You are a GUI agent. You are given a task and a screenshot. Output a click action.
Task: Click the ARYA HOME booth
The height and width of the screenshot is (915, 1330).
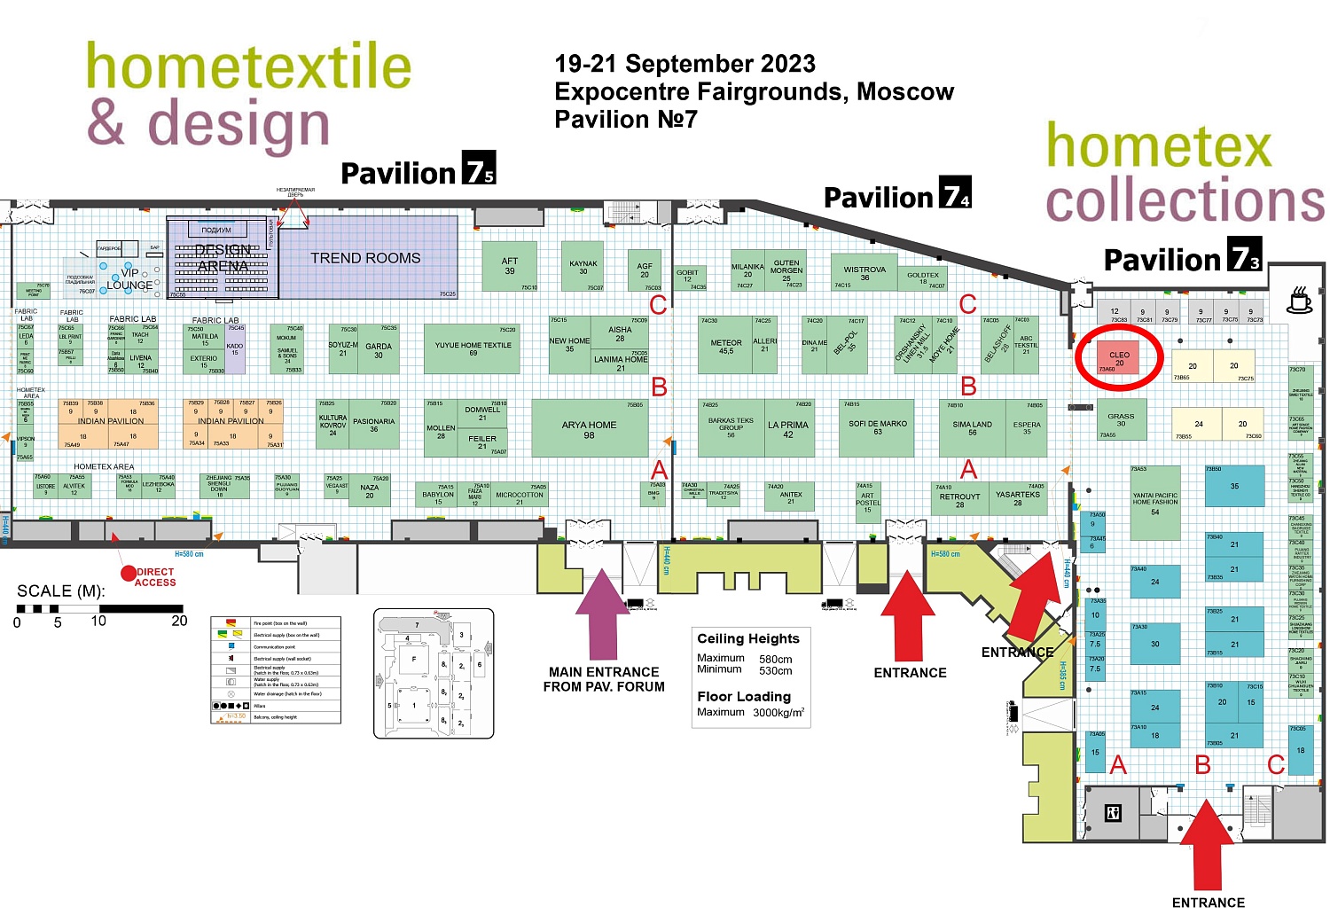[589, 429]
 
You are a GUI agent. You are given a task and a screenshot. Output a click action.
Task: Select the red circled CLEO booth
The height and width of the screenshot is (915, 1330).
[1119, 358]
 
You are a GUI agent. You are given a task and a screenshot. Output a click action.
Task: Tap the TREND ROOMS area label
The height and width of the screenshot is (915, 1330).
[365, 258]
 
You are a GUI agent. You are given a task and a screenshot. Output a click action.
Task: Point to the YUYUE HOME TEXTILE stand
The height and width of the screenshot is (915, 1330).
[473, 348]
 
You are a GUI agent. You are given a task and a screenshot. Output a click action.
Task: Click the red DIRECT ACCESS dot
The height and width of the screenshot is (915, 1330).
[129, 574]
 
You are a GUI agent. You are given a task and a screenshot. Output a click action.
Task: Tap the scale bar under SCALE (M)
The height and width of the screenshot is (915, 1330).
[99, 609]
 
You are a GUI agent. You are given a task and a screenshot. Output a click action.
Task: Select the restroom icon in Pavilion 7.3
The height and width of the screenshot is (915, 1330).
[1114, 812]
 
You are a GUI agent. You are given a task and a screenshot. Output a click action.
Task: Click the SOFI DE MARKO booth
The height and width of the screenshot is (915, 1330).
[877, 427]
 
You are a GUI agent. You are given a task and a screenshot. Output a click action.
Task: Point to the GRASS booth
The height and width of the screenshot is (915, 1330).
[1121, 420]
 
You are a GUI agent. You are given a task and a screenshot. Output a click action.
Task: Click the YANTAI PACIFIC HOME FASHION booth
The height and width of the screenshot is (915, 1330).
[1154, 503]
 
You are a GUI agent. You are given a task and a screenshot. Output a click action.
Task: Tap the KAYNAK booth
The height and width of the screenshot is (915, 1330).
[583, 267]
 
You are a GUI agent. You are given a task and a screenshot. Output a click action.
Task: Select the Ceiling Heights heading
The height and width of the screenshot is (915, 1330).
[747, 638]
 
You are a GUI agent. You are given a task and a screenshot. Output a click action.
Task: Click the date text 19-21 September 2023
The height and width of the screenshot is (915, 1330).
[685, 64]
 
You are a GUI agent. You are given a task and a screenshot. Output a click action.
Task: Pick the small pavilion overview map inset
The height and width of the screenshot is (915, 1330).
[434, 673]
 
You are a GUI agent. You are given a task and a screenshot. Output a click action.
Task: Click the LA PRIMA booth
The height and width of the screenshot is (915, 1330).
[787, 428]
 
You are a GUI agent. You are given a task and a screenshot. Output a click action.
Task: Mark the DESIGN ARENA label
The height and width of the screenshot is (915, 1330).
[223, 258]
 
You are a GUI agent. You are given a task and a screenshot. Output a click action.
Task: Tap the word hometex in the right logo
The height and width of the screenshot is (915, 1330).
[1158, 146]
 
